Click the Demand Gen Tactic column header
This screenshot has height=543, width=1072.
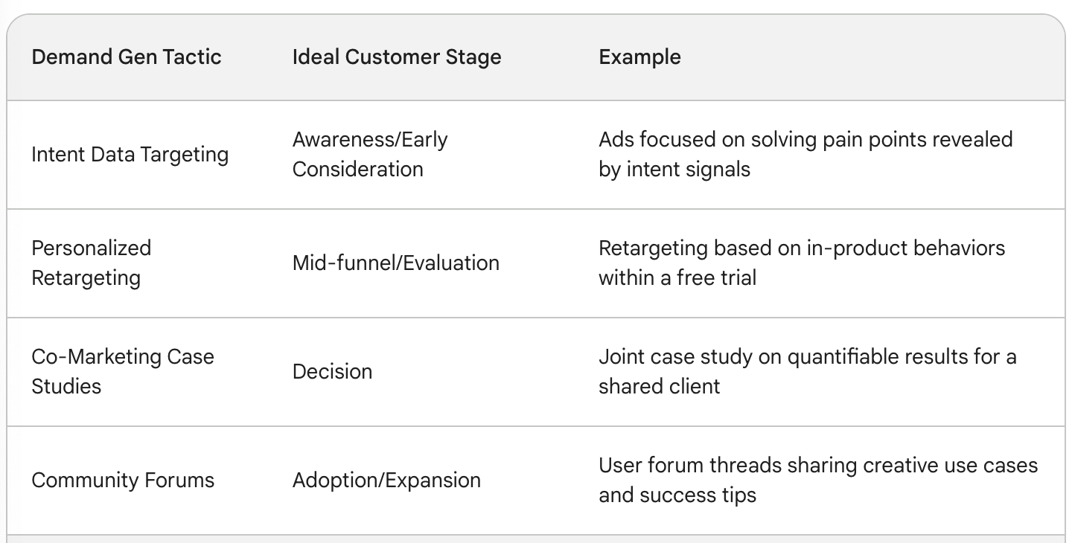(127, 57)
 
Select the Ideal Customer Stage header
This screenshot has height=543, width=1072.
(397, 57)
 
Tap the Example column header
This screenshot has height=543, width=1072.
(640, 57)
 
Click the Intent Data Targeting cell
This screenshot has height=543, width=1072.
(130, 155)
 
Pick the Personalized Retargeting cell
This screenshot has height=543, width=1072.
(92, 263)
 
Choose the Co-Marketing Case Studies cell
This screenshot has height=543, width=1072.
(123, 371)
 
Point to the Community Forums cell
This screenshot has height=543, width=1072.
(123, 480)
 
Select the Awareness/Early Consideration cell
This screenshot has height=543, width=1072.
(370, 155)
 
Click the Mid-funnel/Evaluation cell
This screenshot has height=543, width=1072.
(396, 263)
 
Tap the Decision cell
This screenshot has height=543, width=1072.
(332, 371)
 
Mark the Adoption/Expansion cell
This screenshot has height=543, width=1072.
(386, 481)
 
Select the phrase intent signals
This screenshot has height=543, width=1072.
(688, 170)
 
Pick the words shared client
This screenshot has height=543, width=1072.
(659, 386)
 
